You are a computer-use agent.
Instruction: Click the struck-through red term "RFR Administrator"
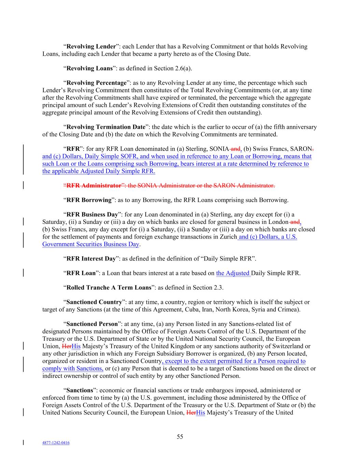[94, 186]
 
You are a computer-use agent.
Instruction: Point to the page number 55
[180, 437]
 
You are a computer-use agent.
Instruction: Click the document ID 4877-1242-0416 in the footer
[56, 443]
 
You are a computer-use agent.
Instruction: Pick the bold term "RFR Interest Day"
[91, 259]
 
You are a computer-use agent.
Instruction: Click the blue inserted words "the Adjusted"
[233, 273]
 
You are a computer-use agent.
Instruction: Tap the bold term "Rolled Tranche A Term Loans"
[109, 287]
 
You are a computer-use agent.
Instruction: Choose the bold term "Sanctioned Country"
[94, 302]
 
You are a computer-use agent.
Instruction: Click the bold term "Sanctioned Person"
[92, 324]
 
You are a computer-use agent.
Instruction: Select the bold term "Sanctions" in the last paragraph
[80, 390]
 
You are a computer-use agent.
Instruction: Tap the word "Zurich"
[228, 237]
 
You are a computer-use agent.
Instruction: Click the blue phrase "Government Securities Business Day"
[91, 244]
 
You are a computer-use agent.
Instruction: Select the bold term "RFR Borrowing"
[89, 200]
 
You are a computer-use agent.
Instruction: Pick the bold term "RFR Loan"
[81, 273]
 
